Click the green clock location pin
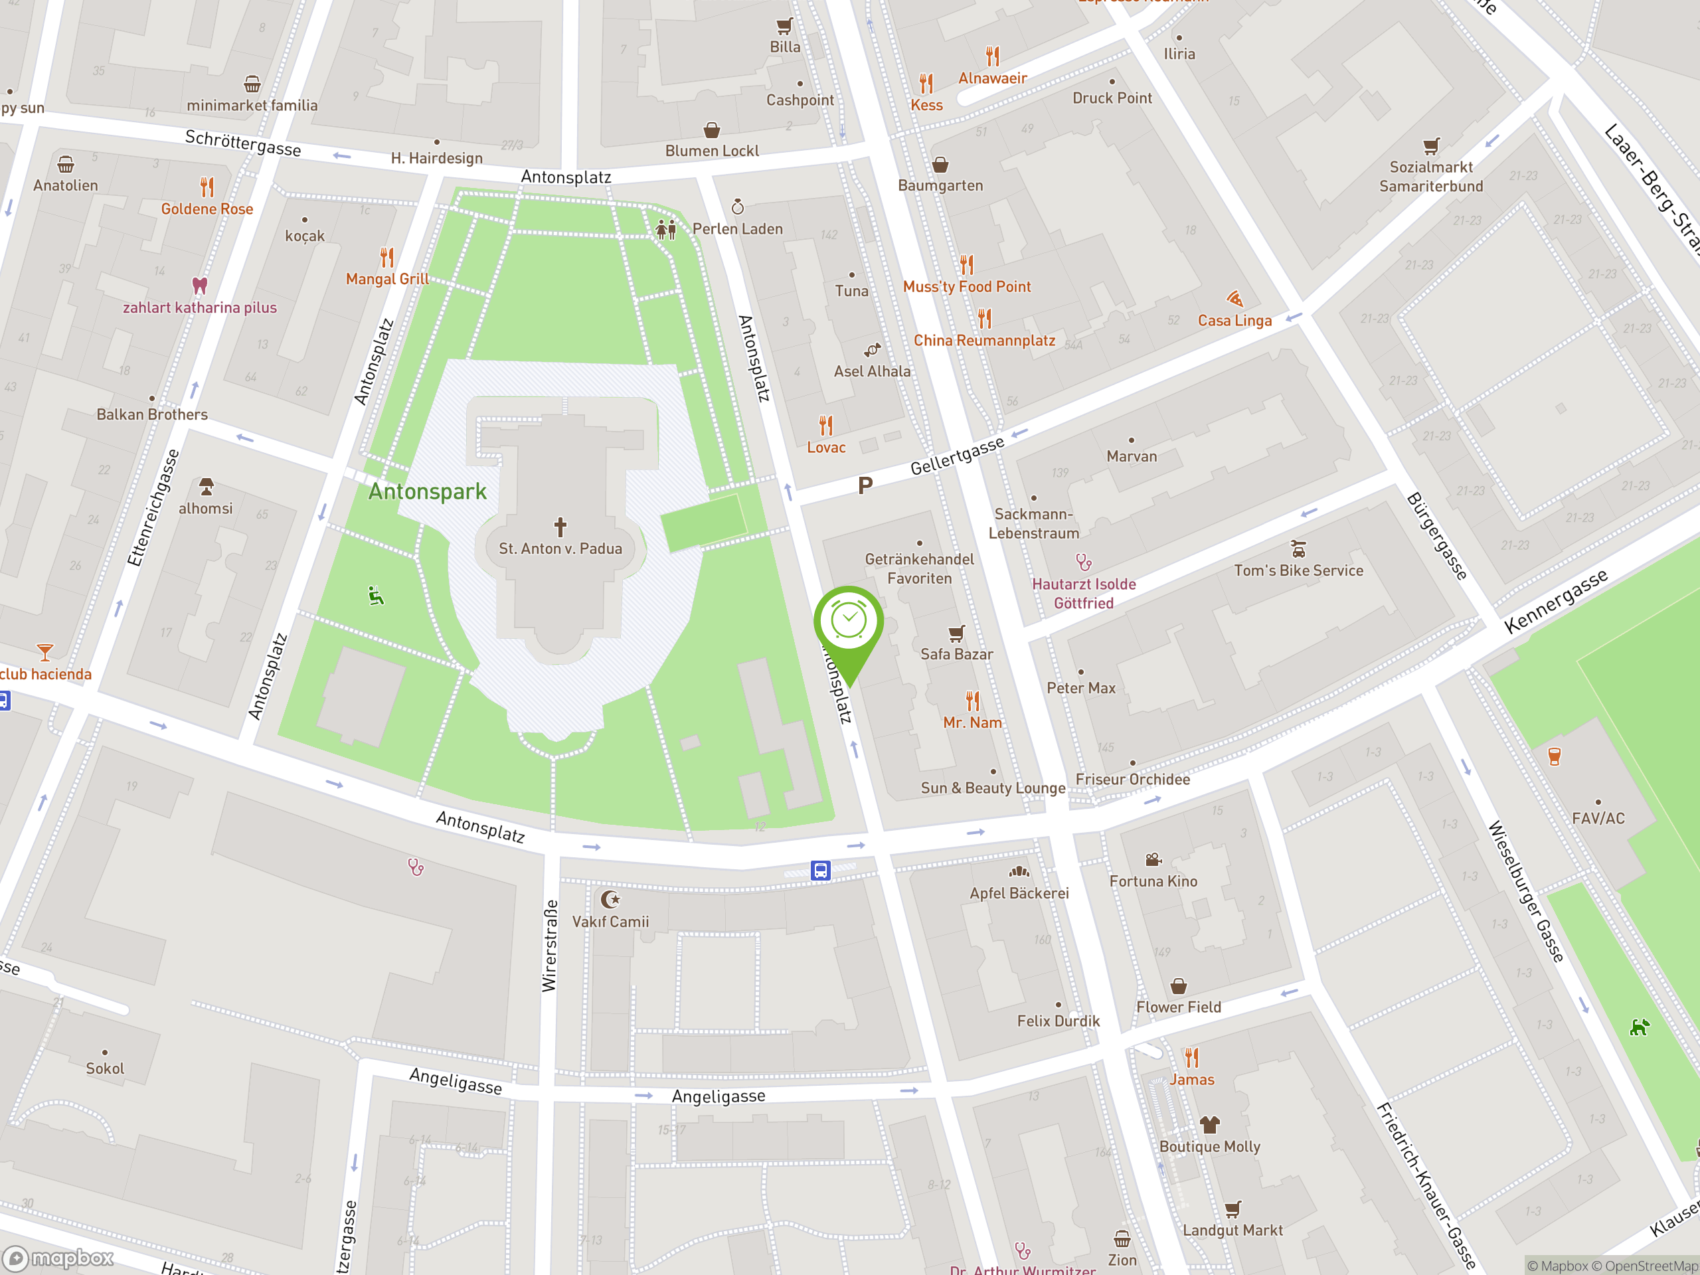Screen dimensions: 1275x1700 [x=849, y=621]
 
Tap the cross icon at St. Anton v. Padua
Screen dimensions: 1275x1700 [x=560, y=527]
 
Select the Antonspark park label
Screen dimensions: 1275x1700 [x=427, y=492]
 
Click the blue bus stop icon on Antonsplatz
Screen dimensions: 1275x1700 [x=821, y=870]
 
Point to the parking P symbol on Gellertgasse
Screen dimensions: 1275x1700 [x=865, y=485]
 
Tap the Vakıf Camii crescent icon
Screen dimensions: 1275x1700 [x=610, y=899]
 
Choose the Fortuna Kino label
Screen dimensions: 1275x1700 [x=1153, y=881]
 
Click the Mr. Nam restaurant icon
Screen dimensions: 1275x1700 [x=973, y=701]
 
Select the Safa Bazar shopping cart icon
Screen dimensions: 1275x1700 [x=956, y=634]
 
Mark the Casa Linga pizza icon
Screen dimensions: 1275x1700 [x=1234, y=299]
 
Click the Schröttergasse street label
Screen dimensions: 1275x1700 [x=243, y=143]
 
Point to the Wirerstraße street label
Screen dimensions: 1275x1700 [x=549, y=946]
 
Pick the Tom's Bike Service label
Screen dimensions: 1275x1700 [x=1298, y=570]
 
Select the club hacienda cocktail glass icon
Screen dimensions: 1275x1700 [x=45, y=653]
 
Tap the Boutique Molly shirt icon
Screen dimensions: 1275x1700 [x=1210, y=1125]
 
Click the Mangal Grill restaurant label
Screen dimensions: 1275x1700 [x=387, y=279]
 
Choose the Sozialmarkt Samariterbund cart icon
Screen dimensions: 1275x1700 [x=1430, y=146]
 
